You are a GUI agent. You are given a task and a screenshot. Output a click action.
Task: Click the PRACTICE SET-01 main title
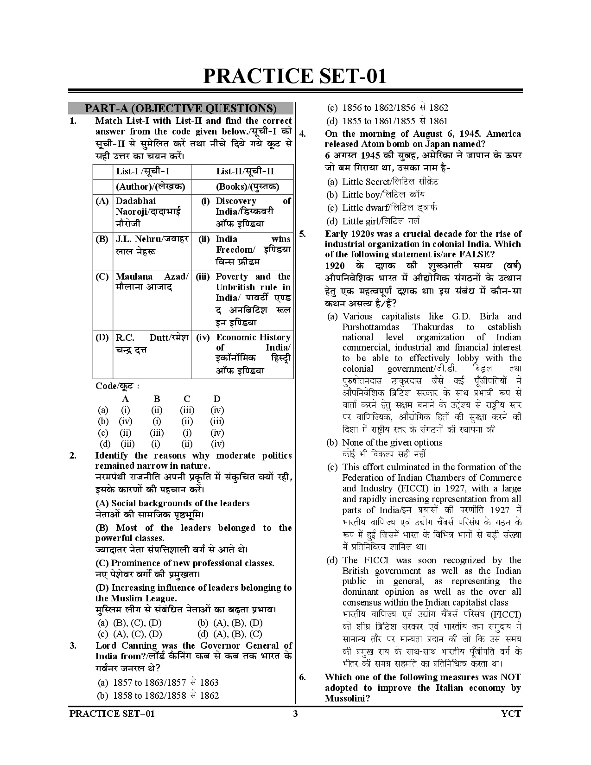(295, 76)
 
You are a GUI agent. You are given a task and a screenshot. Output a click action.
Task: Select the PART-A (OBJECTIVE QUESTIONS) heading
(180, 108)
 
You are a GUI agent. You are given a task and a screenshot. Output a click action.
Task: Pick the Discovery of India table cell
(253, 212)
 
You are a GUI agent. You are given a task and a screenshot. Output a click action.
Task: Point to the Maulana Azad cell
(152, 281)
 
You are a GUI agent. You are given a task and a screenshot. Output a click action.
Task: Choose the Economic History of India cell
(253, 353)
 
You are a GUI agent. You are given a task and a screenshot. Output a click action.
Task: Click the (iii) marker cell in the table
(203, 277)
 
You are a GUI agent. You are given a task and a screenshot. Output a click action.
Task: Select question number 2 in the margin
(73, 456)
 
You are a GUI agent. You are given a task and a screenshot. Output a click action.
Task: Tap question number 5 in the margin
(302, 234)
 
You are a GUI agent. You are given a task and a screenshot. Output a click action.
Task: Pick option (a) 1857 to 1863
(158, 682)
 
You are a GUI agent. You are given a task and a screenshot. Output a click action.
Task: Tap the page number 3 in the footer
(295, 714)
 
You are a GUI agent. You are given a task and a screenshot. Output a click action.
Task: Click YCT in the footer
(511, 714)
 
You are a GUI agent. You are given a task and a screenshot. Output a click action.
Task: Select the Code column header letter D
(217, 399)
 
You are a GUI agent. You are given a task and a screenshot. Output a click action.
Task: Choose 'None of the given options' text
(392, 442)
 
